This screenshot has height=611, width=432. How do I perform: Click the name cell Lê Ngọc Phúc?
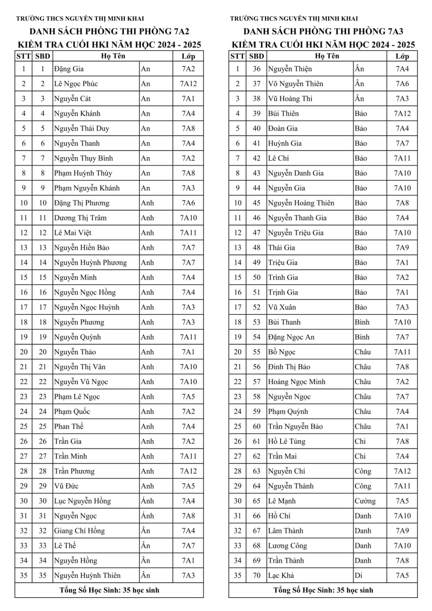[x=76, y=84]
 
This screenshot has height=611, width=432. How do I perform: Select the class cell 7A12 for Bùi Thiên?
[x=402, y=114]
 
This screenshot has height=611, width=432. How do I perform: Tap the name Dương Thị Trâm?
[x=80, y=218]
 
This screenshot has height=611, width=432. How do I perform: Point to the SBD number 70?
[x=257, y=576]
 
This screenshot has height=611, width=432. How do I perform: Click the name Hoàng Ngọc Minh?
[x=296, y=382]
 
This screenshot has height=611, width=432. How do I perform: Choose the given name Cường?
[x=365, y=501]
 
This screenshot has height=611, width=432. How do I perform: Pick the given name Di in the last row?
[x=358, y=576]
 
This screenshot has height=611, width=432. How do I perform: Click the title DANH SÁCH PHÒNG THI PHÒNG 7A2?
[x=110, y=31]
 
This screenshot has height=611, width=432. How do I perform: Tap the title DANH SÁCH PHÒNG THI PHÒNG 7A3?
[x=323, y=31]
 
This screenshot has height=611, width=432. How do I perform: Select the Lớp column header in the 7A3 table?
[x=402, y=56]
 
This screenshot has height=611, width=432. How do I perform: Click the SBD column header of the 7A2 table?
[x=43, y=56]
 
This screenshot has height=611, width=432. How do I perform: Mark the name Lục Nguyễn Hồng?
[x=82, y=501]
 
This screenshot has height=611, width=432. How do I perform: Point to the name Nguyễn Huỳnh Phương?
[x=90, y=263]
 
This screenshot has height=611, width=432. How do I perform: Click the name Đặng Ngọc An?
[x=291, y=337]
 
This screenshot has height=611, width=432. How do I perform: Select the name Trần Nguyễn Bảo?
[x=295, y=426]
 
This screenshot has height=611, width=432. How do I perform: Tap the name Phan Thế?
[x=69, y=426]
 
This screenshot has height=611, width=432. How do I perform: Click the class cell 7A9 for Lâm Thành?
[x=402, y=531]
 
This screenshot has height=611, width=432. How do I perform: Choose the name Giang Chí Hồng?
[x=79, y=531]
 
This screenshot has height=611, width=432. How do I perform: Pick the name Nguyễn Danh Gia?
[x=296, y=173]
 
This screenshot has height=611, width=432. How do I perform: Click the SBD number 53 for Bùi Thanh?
[x=257, y=322]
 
